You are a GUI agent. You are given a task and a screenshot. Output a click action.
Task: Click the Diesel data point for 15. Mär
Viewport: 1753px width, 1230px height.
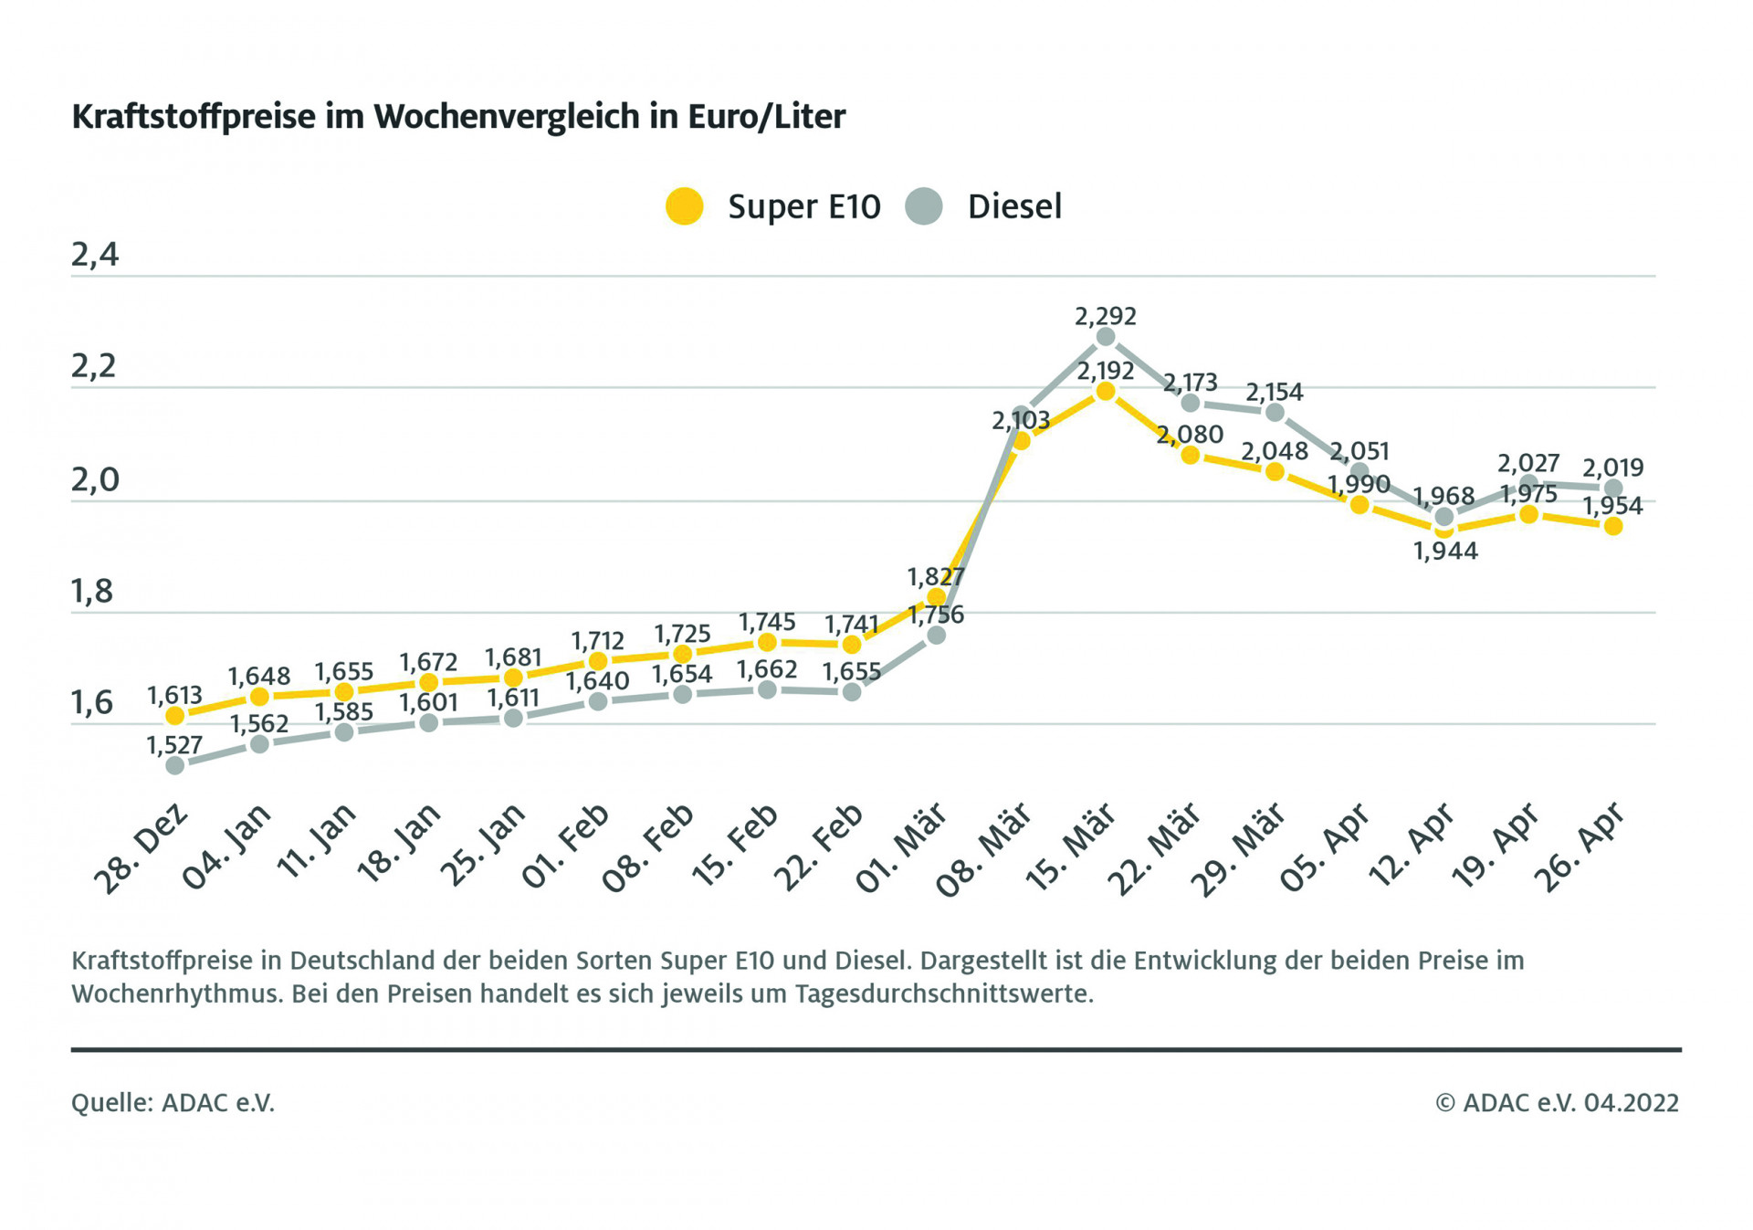1106,337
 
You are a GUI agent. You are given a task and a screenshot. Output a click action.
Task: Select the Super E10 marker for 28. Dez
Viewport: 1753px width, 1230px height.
175,716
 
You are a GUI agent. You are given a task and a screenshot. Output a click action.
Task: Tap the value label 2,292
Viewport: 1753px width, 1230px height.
1106,316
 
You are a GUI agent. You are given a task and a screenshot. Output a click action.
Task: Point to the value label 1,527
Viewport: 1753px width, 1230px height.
174,745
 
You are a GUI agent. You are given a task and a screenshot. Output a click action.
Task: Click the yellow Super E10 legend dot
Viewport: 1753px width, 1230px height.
684,206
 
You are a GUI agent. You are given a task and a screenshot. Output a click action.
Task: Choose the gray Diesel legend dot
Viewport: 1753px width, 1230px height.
924,206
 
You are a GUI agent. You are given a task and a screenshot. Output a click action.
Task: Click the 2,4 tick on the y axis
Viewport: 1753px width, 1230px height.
95,255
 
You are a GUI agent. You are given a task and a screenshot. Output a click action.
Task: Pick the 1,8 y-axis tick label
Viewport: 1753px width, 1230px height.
92,592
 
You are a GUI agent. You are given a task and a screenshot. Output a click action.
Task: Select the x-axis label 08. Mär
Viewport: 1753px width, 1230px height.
984,849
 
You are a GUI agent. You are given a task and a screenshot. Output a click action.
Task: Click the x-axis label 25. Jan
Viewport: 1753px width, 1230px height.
484,846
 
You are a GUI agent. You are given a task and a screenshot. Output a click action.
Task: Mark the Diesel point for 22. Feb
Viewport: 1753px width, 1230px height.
852,692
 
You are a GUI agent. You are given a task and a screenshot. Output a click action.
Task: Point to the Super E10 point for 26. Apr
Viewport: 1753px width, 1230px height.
1613,526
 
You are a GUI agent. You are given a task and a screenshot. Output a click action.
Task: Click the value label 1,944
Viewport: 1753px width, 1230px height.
1445,551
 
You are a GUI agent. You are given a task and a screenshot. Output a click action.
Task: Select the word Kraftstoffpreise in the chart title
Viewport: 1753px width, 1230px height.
194,117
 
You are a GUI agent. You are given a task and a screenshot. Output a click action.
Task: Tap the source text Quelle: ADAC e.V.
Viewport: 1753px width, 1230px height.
173,1103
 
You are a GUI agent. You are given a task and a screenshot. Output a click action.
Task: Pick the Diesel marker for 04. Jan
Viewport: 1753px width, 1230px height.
259,744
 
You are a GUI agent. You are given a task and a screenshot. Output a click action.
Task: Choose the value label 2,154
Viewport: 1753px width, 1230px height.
1275,392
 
